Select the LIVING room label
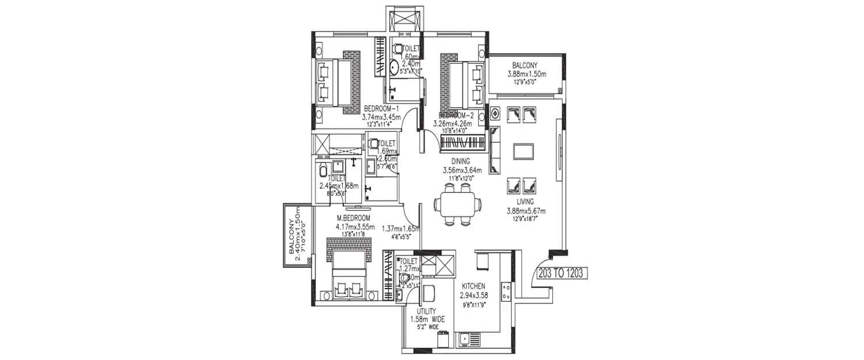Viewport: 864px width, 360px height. click(525, 202)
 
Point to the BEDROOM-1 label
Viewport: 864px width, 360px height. click(381, 109)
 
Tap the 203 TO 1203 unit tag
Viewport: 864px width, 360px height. click(561, 273)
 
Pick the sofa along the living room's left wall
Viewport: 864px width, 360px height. click(495, 151)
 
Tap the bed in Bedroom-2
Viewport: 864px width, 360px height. click(464, 82)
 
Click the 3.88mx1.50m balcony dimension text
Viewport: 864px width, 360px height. click(526, 74)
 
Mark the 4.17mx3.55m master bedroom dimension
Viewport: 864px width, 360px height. click(355, 226)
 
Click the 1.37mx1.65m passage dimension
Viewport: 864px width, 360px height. click(400, 228)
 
